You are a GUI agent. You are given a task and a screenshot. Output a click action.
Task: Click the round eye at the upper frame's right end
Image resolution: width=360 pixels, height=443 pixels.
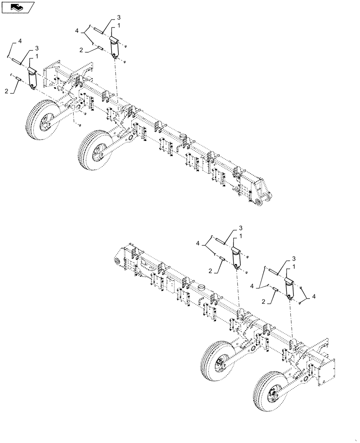(256, 202)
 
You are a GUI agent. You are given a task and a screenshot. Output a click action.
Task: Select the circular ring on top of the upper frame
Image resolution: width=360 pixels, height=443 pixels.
(183, 135)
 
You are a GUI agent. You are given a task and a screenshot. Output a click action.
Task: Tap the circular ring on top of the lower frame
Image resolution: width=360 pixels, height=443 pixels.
(201, 288)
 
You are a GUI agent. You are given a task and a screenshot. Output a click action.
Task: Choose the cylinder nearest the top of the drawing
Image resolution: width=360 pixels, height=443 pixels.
(115, 47)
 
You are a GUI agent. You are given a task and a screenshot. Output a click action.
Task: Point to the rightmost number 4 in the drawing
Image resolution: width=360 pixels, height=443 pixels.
(314, 296)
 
